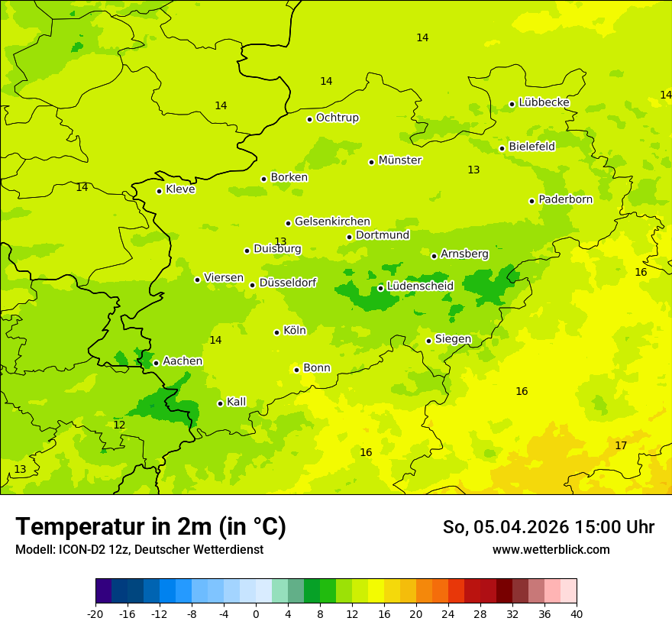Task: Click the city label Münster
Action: pos(400,160)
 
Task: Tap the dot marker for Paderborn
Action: pos(532,201)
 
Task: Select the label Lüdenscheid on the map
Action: pos(420,286)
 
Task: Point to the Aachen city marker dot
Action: pos(156,363)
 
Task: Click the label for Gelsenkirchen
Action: pos(332,222)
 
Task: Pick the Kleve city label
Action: pos(180,189)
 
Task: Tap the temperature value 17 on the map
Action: pos(621,445)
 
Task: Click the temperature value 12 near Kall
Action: pos(119,425)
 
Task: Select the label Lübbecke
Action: pos(544,102)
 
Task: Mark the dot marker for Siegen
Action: pos(429,341)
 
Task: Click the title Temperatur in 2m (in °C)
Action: pos(150,527)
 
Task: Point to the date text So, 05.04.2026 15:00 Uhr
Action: pos(548,527)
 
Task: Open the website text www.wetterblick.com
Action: pos(551,550)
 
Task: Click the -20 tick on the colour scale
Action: pos(95,613)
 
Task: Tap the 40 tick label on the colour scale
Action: pos(577,613)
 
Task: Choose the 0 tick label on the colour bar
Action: pos(256,613)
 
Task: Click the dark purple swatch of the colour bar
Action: pos(103,591)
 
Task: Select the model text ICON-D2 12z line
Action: pos(139,550)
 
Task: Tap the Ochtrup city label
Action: pos(337,118)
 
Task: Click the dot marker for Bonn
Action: pos(296,370)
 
